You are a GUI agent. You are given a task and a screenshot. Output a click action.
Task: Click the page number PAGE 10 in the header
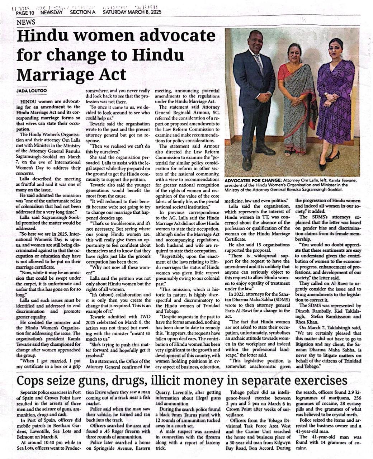[27, 12]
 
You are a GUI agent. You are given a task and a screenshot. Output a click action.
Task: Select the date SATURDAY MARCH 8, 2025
[132, 12]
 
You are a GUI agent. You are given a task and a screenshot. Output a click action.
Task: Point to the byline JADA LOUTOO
[32, 91]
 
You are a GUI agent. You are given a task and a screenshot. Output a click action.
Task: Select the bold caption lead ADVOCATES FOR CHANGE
[252, 180]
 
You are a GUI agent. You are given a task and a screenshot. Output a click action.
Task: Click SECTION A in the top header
[83, 12]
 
